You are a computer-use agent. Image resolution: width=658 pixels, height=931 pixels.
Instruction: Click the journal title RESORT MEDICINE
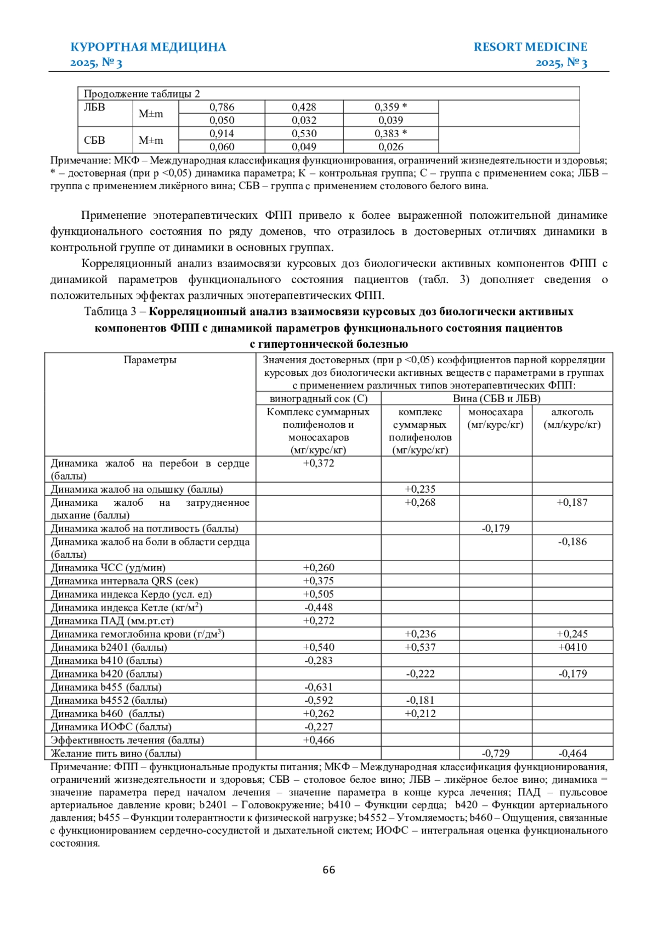(x=530, y=47)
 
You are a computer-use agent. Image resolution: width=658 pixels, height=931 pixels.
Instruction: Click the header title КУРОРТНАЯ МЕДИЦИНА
(x=148, y=47)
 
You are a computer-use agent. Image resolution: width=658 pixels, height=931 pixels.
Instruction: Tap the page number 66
(x=329, y=870)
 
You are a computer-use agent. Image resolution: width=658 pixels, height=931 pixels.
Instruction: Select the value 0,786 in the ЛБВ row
(x=222, y=107)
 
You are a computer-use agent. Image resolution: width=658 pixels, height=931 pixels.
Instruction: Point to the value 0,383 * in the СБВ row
(x=390, y=133)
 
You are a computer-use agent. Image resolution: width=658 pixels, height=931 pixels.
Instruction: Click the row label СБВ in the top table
(x=94, y=140)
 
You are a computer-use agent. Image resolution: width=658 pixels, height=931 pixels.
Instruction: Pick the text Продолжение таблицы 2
(x=141, y=94)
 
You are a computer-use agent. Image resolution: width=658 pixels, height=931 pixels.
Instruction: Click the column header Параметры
(x=150, y=360)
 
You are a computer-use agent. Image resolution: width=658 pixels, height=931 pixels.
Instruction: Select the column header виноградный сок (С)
(x=318, y=399)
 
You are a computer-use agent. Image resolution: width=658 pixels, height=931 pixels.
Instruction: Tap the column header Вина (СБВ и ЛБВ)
(x=496, y=399)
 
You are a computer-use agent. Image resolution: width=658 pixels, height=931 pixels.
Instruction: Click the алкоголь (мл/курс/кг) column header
(x=572, y=418)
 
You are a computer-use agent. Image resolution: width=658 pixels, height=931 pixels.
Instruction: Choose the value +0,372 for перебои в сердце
(x=318, y=463)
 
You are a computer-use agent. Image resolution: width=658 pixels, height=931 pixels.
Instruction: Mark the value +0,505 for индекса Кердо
(x=318, y=594)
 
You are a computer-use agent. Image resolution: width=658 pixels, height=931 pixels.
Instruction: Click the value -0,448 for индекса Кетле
(x=318, y=607)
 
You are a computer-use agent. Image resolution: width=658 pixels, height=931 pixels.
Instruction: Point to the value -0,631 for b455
(x=318, y=687)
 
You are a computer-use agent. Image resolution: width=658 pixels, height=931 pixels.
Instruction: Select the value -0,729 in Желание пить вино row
(x=495, y=753)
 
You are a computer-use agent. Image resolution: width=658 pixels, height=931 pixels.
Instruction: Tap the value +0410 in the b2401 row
(x=572, y=647)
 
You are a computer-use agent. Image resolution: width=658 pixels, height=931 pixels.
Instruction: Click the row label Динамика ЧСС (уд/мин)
(x=108, y=568)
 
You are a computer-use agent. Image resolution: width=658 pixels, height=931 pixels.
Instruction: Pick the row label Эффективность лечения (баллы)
(x=127, y=740)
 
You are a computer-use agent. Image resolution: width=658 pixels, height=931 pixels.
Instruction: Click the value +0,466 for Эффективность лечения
(x=318, y=740)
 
